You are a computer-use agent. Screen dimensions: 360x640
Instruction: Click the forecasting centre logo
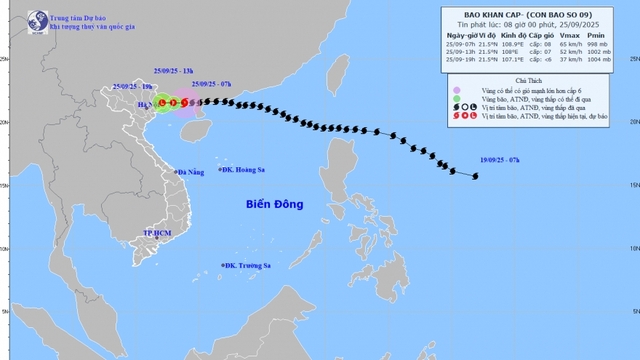point(15,18)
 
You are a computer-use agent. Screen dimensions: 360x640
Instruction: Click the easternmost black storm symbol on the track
point(475,176)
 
